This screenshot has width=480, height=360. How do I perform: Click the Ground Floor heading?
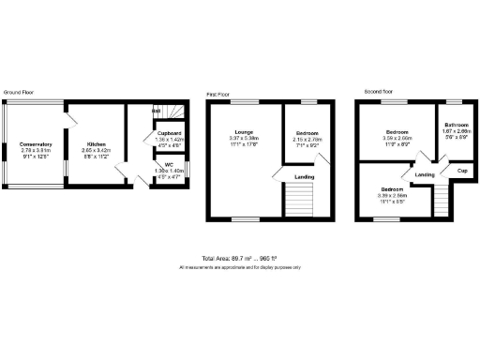point(19,92)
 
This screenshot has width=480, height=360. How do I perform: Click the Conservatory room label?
point(36,143)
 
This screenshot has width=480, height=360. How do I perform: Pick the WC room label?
point(169,164)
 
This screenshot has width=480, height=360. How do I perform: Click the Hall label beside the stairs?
point(157,112)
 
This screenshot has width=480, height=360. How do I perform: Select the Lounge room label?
point(244,132)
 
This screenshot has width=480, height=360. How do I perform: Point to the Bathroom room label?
point(457,125)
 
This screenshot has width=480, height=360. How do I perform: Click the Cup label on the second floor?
point(462,172)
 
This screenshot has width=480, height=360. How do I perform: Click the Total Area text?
point(239,258)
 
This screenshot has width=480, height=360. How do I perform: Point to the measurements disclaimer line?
point(239,268)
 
